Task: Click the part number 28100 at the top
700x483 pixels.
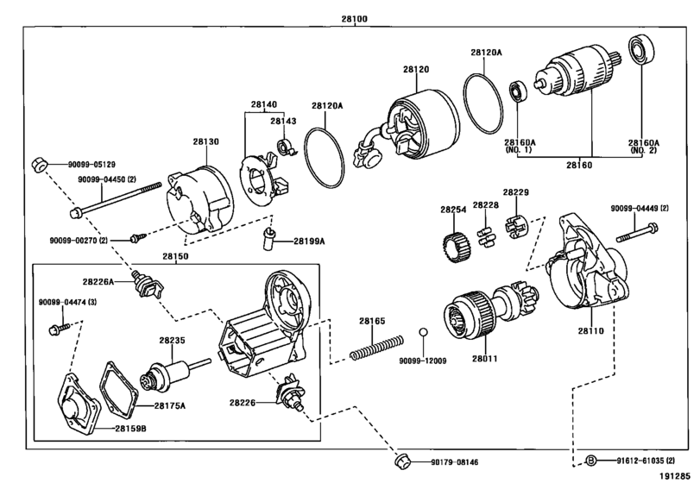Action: (x=355, y=19)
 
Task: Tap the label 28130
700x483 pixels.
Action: (x=205, y=141)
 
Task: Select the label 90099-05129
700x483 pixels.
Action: (x=91, y=165)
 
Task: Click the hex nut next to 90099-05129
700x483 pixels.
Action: (x=39, y=165)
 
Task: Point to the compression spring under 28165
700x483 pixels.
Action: (x=377, y=347)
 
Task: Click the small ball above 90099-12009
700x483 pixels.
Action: (x=423, y=332)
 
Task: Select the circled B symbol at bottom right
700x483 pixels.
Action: (x=590, y=461)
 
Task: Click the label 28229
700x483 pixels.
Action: (x=515, y=192)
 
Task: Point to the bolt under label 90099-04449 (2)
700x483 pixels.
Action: (x=637, y=234)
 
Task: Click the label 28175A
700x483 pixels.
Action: (x=170, y=406)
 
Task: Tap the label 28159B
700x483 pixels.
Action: (x=130, y=429)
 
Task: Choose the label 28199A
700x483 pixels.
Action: (x=309, y=241)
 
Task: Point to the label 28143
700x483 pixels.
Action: (x=283, y=121)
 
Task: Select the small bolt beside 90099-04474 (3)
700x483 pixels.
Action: (x=59, y=329)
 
